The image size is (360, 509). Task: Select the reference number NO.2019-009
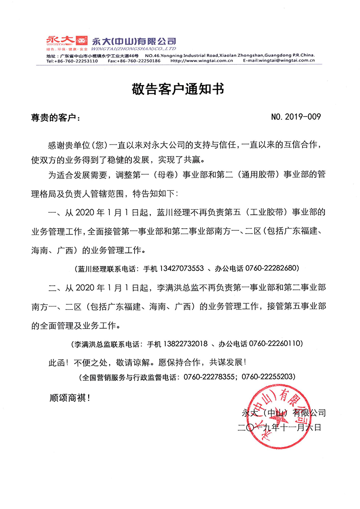click(296, 118)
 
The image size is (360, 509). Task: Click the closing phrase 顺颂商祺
click(70, 398)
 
